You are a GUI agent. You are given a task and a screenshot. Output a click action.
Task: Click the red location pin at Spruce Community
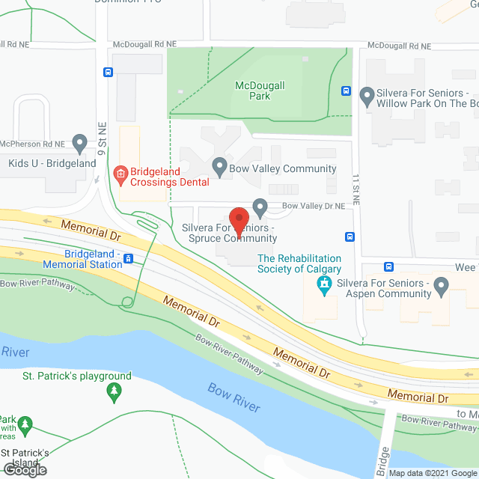pyautogui.click(x=239, y=220)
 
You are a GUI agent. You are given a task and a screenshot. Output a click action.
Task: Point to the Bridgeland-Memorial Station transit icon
pyautogui.click(x=129, y=259)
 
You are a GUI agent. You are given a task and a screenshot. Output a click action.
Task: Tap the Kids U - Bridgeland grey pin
pyautogui.click(x=80, y=141)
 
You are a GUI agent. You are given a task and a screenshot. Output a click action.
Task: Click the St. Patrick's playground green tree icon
pyautogui.click(x=114, y=390)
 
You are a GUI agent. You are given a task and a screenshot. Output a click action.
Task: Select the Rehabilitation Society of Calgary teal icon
pyautogui.click(x=324, y=284)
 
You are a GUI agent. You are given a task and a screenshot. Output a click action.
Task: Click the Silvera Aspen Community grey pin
pyautogui.click(x=441, y=284)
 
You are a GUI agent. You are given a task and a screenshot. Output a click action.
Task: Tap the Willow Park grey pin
pyautogui.click(x=367, y=96)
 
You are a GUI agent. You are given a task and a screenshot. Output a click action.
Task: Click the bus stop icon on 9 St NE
pyautogui.click(x=108, y=73)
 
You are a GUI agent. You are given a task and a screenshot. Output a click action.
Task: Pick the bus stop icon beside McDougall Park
pyautogui.click(x=346, y=91)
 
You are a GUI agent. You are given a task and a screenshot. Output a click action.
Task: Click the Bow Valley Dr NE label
pyautogui.click(x=313, y=205)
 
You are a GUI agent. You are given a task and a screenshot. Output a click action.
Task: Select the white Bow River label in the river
pyautogui.click(x=234, y=396)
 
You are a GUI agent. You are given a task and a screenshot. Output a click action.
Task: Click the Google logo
pyautogui.click(x=24, y=469)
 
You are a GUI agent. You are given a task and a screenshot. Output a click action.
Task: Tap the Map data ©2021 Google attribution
pyautogui.click(x=433, y=473)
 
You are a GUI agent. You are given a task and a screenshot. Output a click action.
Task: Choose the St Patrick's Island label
pyautogui.click(x=25, y=457)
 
